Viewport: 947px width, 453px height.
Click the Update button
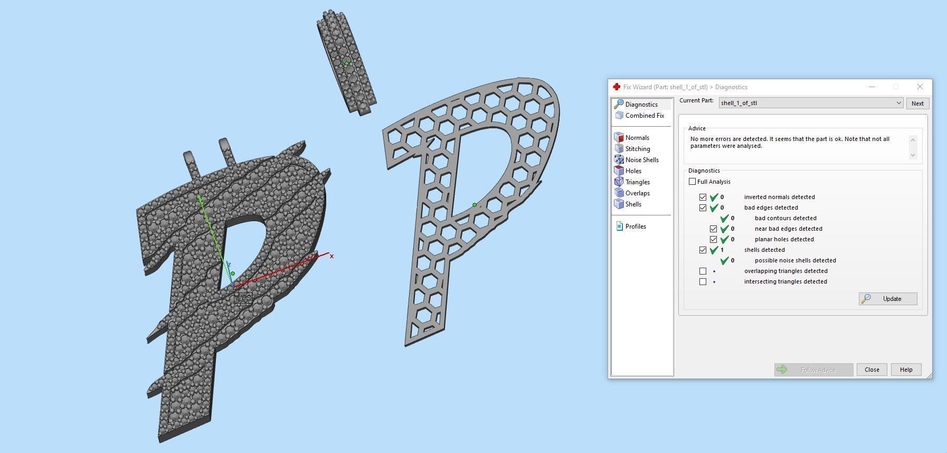point(888,299)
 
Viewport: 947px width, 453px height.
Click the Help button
point(906,370)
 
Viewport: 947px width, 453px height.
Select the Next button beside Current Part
point(917,103)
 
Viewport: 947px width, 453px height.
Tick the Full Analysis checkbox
point(692,182)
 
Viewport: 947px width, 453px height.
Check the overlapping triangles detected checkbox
point(703,271)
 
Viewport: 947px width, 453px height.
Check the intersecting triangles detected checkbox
point(703,281)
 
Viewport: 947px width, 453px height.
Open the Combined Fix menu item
point(644,116)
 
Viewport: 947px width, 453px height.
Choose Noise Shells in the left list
point(641,160)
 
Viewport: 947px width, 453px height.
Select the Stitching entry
point(637,149)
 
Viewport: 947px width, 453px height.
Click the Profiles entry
point(635,227)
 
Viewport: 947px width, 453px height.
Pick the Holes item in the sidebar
point(633,171)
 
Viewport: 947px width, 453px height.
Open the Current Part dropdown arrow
point(898,103)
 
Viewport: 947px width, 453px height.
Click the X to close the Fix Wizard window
point(920,87)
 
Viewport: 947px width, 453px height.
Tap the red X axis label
point(332,257)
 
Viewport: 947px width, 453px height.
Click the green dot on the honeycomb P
point(475,205)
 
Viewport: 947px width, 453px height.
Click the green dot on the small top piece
point(346,63)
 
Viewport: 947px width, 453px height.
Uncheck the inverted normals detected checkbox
point(703,197)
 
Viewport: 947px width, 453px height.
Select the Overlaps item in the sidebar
point(637,193)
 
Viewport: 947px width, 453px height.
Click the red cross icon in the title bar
point(616,87)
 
